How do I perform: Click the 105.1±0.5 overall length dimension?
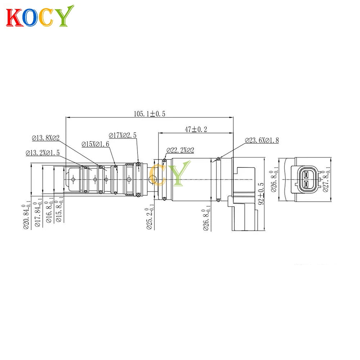149,114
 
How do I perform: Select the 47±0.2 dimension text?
196,129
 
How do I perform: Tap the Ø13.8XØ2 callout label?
46,138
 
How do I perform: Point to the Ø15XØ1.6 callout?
95,144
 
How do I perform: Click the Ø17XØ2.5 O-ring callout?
123,135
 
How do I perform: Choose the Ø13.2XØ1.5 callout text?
43,153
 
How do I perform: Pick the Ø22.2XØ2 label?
180,150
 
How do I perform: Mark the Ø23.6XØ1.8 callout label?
262,140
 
